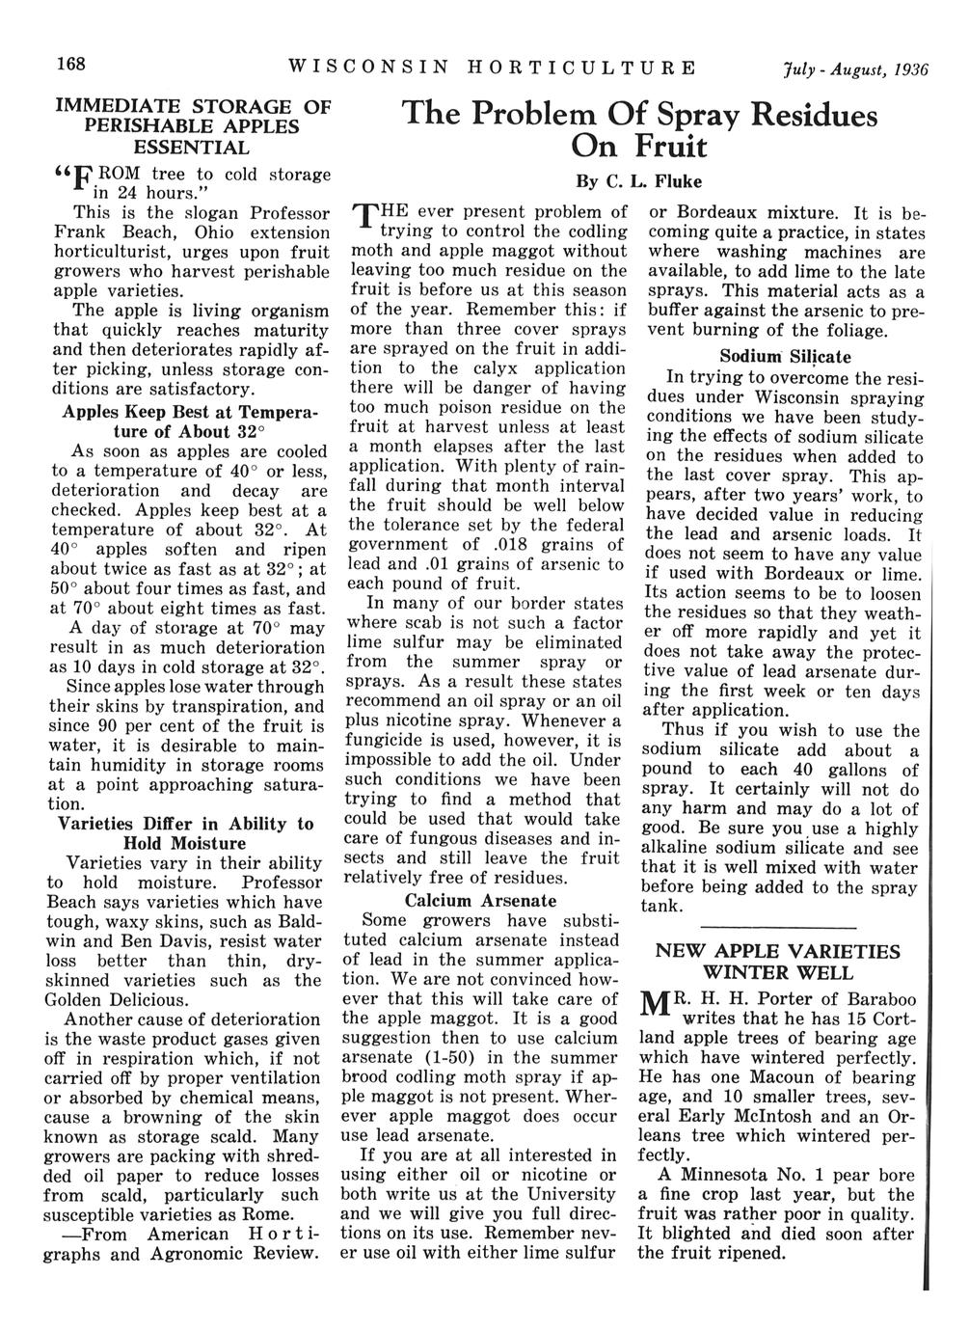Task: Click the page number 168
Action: click(x=71, y=66)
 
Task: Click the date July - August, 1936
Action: click(x=854, y=68)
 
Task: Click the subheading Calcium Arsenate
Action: click(x=480, y=901)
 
